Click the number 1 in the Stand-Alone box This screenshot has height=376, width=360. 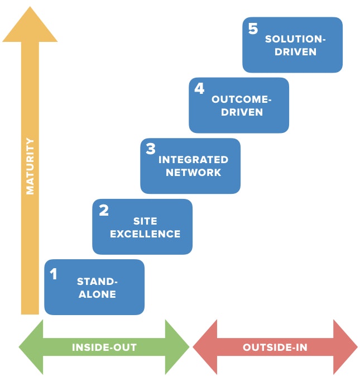coord(54,274)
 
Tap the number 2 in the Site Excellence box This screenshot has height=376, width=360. coord(103,211)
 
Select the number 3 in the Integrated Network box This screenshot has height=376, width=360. coord(151,149)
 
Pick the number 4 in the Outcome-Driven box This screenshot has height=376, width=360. coord(199,89)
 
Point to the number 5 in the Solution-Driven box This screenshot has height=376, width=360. coord(253,28)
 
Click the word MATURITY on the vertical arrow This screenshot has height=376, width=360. coord(30,166)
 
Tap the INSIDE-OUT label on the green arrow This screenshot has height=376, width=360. coord(104,348)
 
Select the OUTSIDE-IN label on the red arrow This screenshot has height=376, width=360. coord(275,348)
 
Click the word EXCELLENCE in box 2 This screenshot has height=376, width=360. coord(145,234)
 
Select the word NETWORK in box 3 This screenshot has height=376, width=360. coord(193,173)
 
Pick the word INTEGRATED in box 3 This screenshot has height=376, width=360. coord(193,160)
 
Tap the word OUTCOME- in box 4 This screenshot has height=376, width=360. coord(241,99)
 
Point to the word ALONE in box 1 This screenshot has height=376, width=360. coord(97,294)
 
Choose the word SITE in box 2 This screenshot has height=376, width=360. coord(145,221)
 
